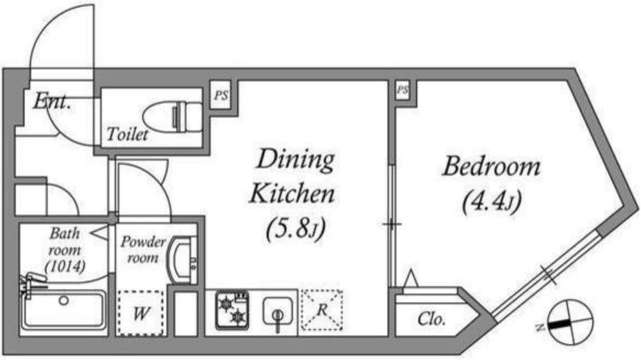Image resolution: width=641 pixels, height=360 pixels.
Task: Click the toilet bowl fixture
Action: [x=173, y=117]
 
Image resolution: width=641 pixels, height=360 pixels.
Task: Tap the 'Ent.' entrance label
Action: [x=51, y=101]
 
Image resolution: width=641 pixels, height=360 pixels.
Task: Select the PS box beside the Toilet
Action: [x=221, y=95]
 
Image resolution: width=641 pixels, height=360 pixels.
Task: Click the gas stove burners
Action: [x=232, y=309]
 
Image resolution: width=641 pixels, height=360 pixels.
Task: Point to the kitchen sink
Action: [x=277, y=312]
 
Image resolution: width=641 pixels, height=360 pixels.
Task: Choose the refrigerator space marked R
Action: [x=322, y=309]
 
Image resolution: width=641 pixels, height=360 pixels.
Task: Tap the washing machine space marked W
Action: [x=141, y=313]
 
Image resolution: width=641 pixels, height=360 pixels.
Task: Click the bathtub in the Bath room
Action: [x=63, y=309]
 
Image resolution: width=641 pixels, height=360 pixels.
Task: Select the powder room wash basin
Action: [x=183, y=261]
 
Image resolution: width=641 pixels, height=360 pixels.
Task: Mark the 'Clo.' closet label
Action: [x=431, y=318]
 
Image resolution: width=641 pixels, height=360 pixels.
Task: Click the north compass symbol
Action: [x=571, y=322]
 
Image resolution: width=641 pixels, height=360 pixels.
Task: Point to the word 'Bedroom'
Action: [x=491, y=166]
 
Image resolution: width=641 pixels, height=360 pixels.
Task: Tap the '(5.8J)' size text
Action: [x=296, y=229]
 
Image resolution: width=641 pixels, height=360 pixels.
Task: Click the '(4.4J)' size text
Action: [x=492, y=202]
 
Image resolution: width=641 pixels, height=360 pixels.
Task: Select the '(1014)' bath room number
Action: [x=65, y=266]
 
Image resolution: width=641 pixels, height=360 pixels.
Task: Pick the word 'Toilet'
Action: [x=127, y=134]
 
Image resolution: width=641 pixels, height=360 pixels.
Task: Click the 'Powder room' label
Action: [x=143, y=250]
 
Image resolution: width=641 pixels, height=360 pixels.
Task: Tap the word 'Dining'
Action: [x=296, y=160]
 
